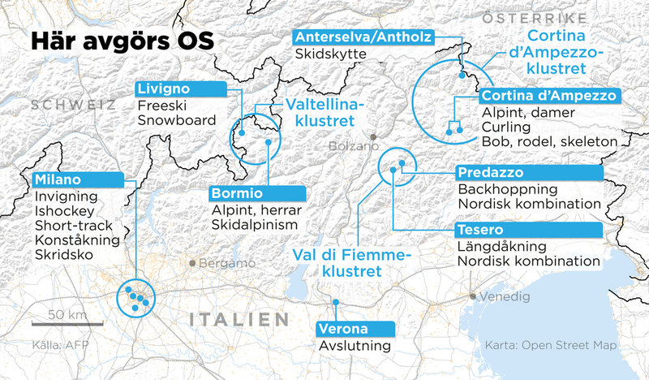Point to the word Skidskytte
tap(331, 54)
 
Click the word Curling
tap(505, 127)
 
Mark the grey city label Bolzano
tap(355, 147)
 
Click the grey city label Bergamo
tap(221, 264)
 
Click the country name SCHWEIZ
tap(70, 105)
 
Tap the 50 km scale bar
tap(68, 323)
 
